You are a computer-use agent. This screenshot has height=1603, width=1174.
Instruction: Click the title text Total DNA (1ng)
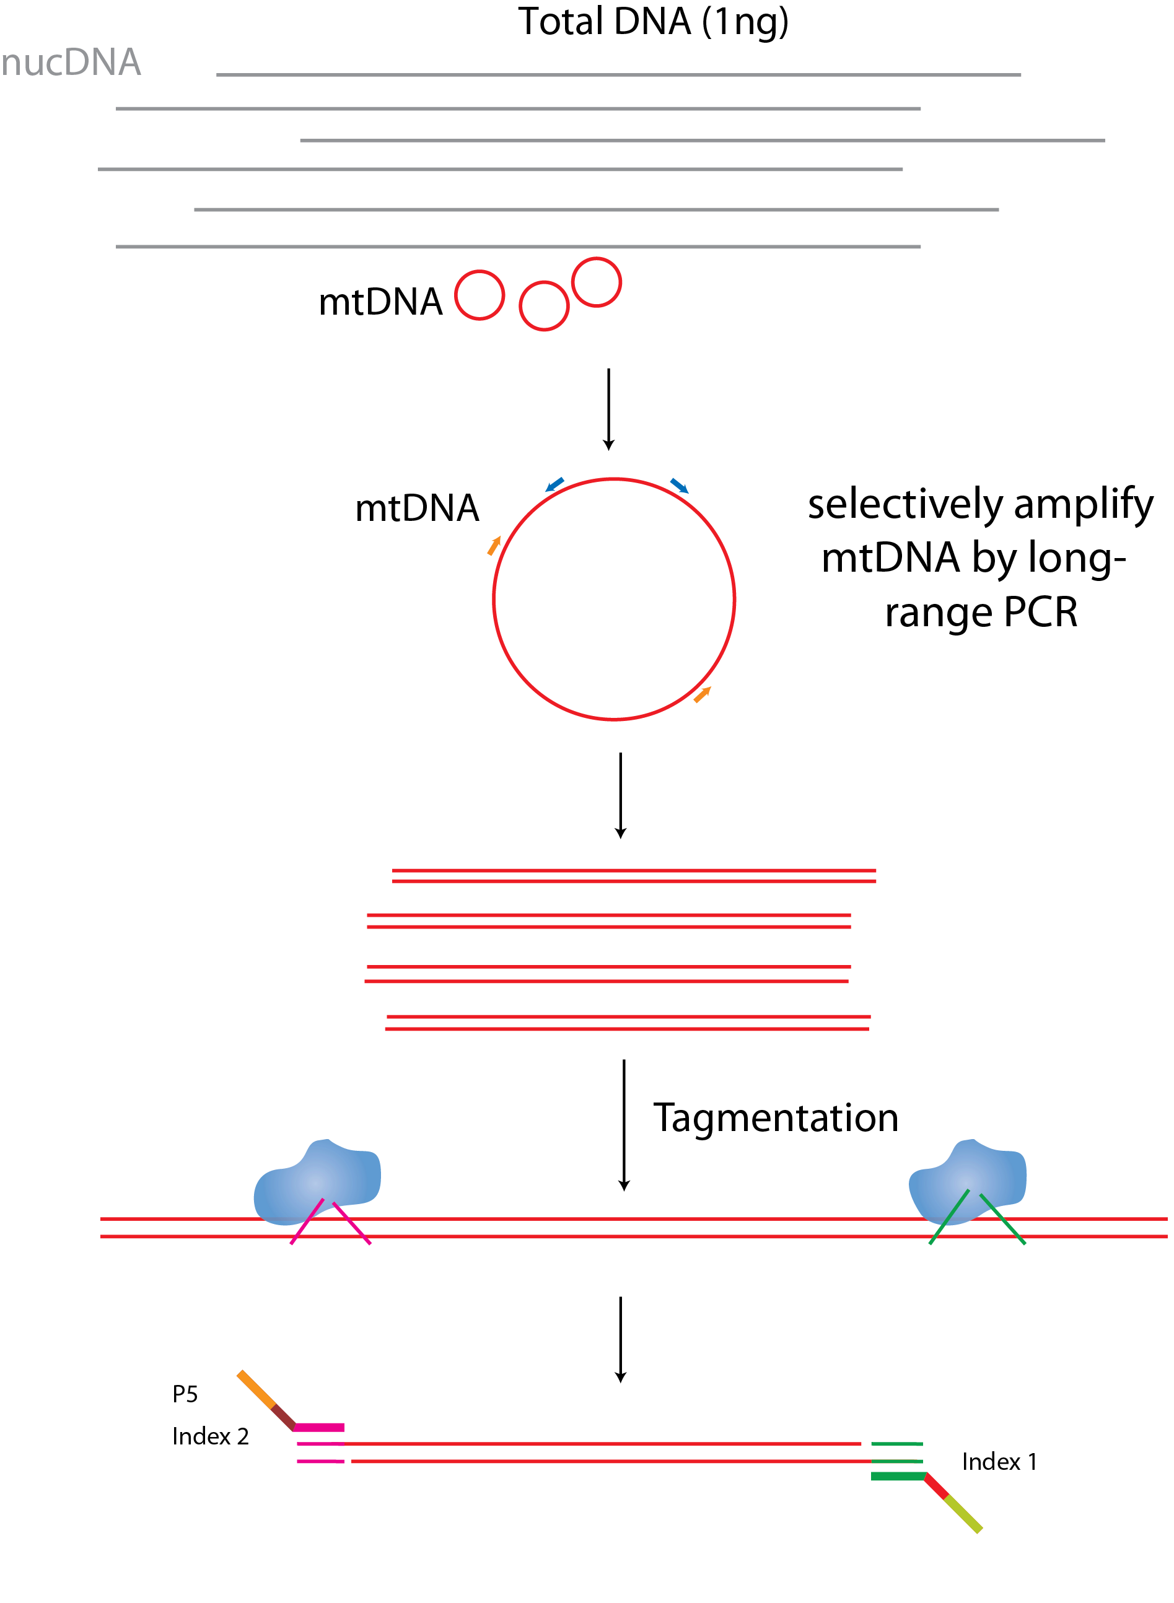[653, 21]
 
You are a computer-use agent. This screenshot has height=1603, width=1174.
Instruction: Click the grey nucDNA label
[71, 63]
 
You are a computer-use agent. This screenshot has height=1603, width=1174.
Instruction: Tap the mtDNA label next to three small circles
[380, 302]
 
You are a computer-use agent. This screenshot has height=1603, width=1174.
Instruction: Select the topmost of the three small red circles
[596, 282]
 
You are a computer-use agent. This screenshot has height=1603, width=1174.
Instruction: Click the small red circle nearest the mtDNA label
[480, 295]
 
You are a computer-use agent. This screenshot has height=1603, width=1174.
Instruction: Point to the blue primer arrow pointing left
[554, 484]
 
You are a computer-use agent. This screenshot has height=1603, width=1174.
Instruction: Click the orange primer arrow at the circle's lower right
[702, 695]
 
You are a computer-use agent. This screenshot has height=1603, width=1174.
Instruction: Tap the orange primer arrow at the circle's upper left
[494, 546]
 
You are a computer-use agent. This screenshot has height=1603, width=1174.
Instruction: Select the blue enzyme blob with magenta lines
[318, 1182]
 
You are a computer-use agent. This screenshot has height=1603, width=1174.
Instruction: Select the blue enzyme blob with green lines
[967, 1182]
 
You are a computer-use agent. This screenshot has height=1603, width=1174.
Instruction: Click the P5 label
[185, 1394]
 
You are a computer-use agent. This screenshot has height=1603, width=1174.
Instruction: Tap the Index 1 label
[999, 1462]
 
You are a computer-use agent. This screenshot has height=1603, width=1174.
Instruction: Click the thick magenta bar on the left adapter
[319, 1428]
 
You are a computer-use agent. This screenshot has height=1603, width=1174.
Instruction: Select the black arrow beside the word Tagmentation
[624, 1123]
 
